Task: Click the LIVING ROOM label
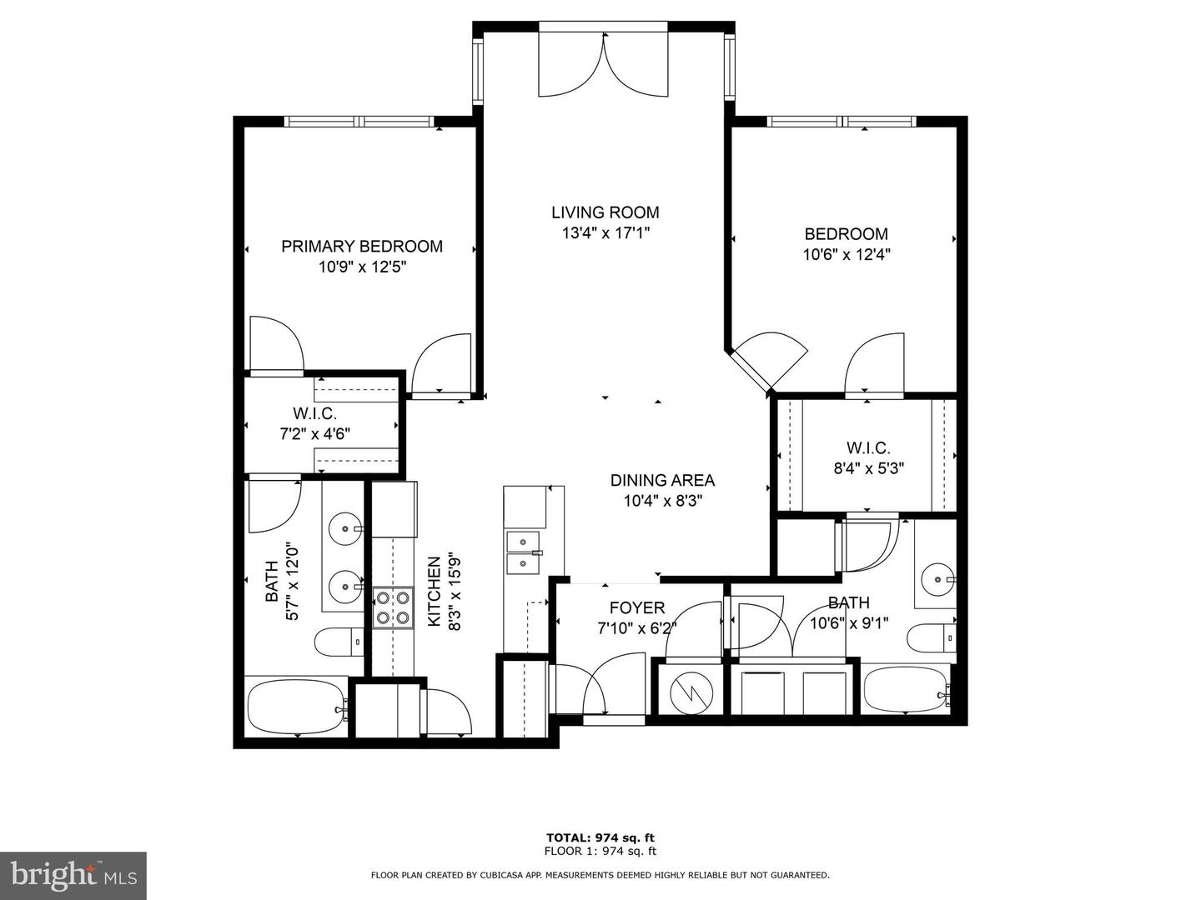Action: (605, 212)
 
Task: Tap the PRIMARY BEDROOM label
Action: (361, 247)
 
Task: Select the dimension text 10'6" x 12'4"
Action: (847, 255)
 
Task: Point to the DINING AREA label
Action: (662, 480)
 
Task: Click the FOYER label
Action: (636, 607)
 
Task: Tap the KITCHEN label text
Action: (435, 592)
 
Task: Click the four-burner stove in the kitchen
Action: (392, 607)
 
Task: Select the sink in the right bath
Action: (938, 576)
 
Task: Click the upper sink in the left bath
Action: (344, 527)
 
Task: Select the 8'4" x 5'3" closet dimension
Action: (869, 468)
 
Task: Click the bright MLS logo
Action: (73, 875)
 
